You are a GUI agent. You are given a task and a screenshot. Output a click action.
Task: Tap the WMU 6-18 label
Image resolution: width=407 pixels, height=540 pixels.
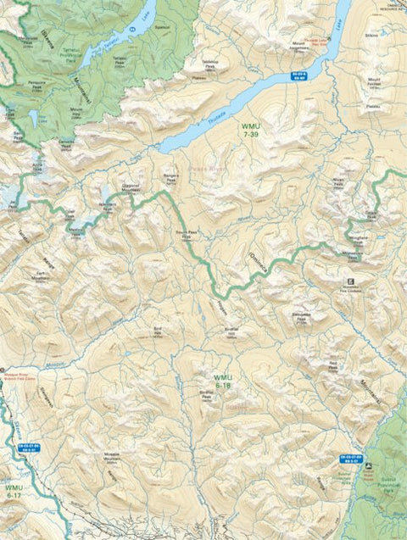tap(223, 381)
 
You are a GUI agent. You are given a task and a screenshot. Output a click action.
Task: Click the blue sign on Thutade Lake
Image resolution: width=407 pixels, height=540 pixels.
tap(298, 76)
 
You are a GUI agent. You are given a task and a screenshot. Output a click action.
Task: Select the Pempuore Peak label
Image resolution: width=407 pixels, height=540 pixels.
tap(35, 86)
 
